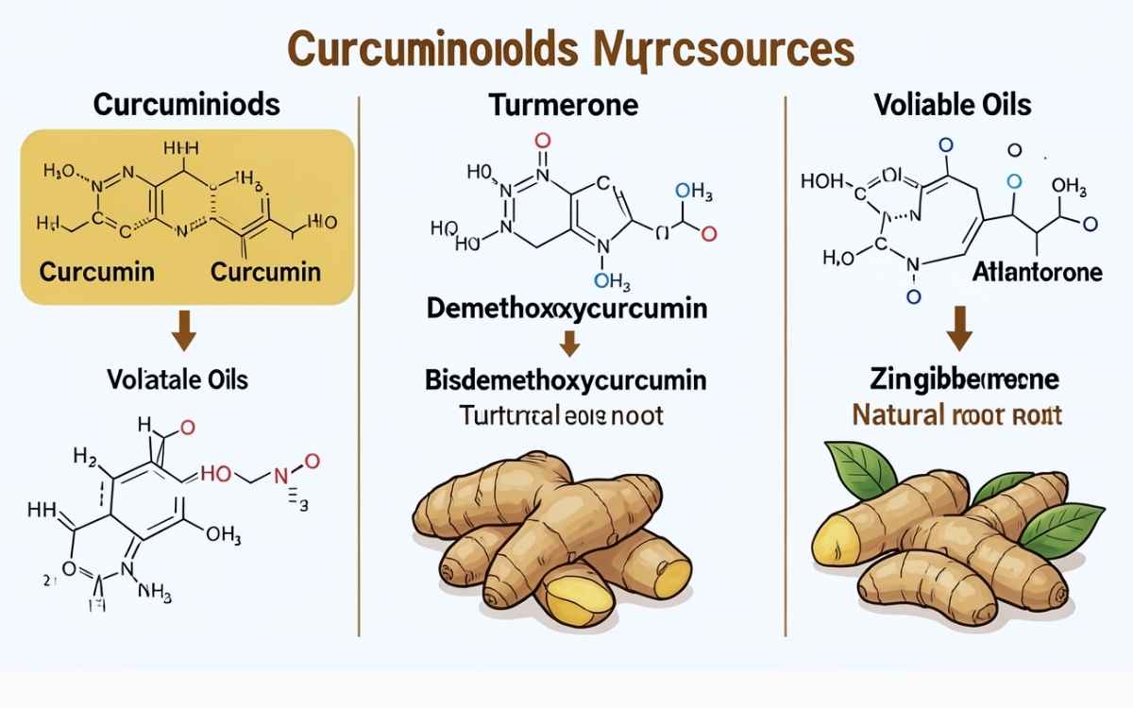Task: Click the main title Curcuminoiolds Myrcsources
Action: (570, 50)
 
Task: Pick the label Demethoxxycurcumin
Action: (566, 309)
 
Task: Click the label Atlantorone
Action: (1037, 273)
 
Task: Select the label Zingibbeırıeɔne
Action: (963, 380)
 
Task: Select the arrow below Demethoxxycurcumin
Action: (567, 344)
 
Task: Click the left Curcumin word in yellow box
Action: (96, 273)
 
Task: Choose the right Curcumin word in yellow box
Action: (265, 273)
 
